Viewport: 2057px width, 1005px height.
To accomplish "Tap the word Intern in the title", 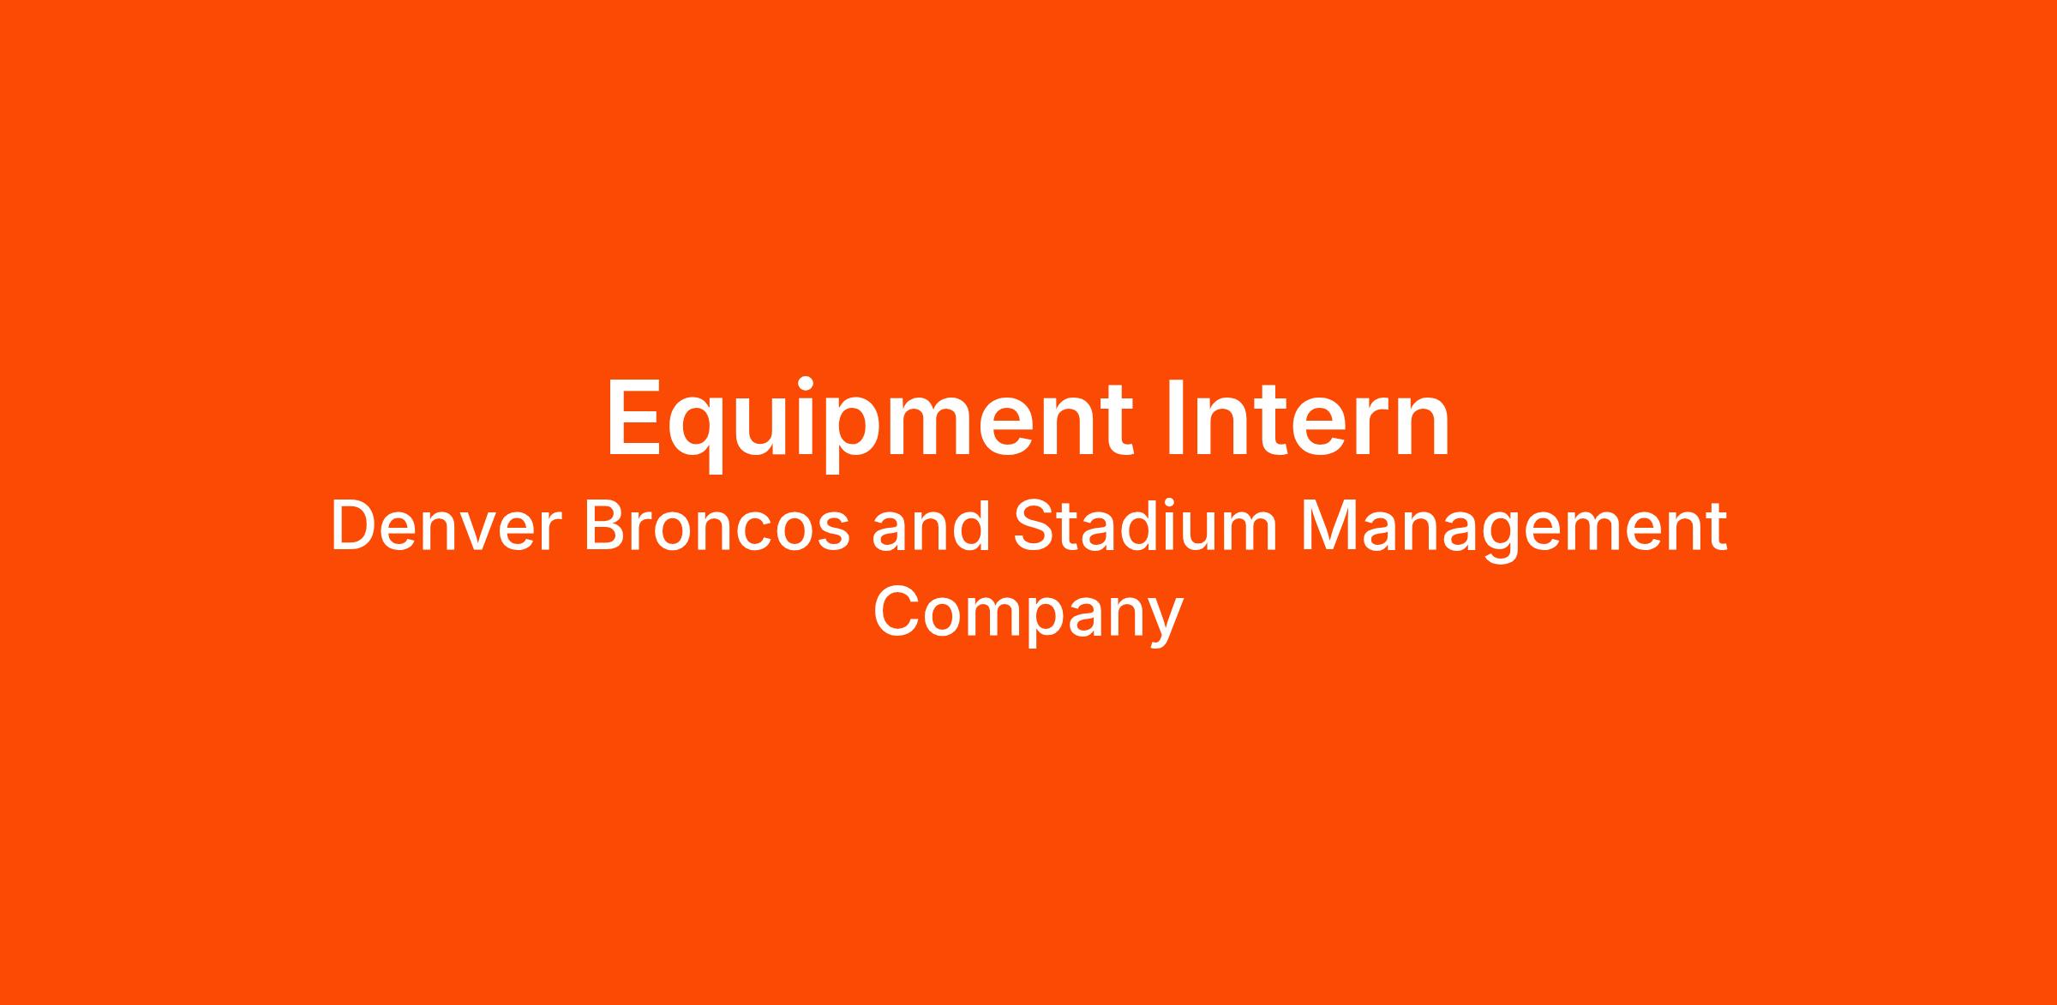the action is tap(1308, 417).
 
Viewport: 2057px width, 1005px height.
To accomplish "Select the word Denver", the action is tap(446, 527).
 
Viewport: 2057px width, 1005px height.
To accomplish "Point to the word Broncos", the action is tap(717, 527).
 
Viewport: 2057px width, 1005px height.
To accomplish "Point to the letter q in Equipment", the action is tap(703, 437).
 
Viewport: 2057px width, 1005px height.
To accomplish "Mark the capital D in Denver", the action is tap(352, 527).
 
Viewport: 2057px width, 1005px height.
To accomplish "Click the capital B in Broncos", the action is tap(604, 527).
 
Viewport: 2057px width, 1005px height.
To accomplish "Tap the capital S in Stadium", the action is tap(1033, 527).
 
